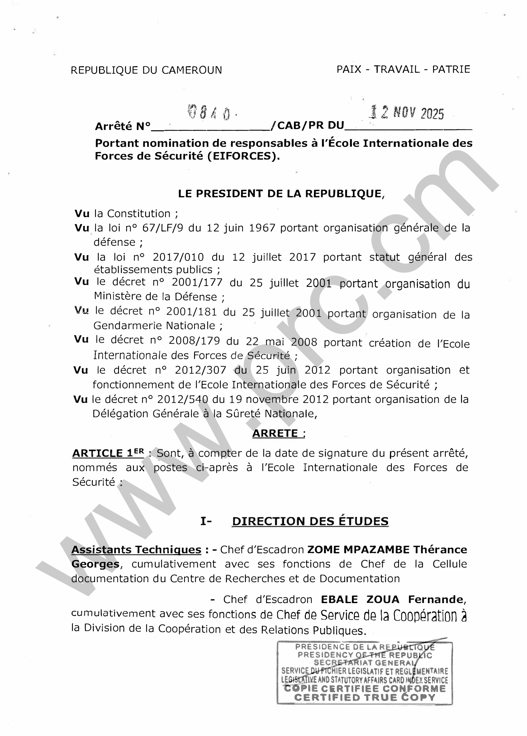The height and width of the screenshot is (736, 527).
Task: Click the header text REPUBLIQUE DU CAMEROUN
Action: pos(146,70)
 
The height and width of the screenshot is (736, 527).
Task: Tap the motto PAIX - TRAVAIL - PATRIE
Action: pos(403,69)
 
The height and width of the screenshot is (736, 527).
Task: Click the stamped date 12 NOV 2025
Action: pos(406,113)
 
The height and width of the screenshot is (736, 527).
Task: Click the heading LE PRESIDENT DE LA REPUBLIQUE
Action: pos(281,194)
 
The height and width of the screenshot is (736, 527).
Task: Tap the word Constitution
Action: pos(139,214)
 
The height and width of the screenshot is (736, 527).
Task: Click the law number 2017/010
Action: pos(178,257)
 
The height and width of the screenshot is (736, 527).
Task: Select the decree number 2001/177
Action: pos(197,282)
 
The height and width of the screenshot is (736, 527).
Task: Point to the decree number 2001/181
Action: pos(192,312)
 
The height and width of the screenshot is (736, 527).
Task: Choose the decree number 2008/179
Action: pos(194,340)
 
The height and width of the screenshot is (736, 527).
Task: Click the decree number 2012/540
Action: pos(183,400)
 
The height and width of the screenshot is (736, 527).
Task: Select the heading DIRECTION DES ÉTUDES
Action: pos(310,521)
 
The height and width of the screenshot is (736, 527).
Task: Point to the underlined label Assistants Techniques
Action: pos(136,550)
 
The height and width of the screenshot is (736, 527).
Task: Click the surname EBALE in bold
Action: pos(339,599)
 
